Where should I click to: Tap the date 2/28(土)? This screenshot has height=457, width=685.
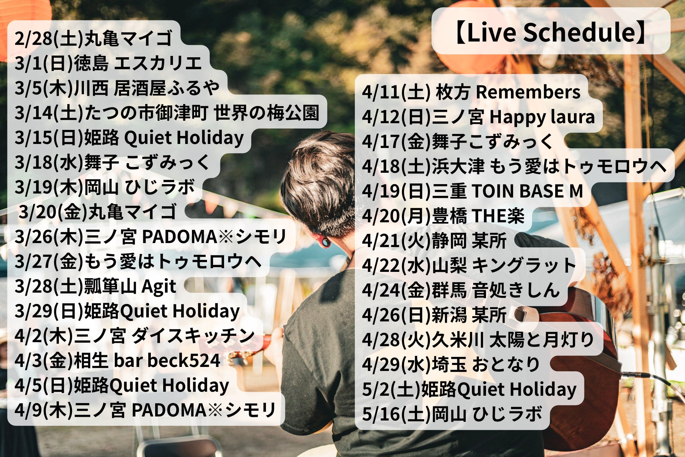[49, 39]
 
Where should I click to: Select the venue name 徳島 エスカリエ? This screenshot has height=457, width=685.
[138, 63]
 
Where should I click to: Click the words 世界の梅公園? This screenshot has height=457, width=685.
[267, 113]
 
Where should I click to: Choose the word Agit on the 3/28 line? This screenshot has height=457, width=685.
[159, 287]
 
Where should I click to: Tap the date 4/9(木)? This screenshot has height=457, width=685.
[44, 410]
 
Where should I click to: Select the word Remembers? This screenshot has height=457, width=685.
[528, 92]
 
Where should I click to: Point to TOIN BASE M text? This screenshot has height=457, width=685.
[527, 191]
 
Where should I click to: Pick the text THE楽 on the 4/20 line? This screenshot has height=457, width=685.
[498, 216]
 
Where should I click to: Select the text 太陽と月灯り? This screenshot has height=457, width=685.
[542, 340]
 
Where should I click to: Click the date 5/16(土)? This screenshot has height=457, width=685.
[396, 414]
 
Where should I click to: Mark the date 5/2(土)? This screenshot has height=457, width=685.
[391, 389]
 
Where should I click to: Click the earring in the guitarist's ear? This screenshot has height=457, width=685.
[324, 242]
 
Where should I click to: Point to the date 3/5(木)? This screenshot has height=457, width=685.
[44, 88]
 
